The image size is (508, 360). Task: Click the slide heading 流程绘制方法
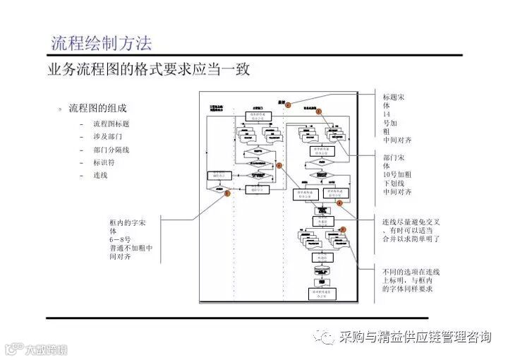(x=102, y=42)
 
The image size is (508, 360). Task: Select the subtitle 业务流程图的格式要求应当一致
(x=148, y=70)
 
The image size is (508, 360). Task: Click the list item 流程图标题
(x=111, y=124)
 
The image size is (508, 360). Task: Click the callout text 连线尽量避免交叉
(x=411, y=230)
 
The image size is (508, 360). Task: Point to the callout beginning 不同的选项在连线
(x=411, y=280)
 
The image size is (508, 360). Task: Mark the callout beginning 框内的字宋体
(x=131, y=236)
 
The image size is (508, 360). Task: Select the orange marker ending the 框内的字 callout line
(x=227, y=191)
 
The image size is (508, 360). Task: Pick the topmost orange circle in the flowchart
(x=288, y=104)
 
